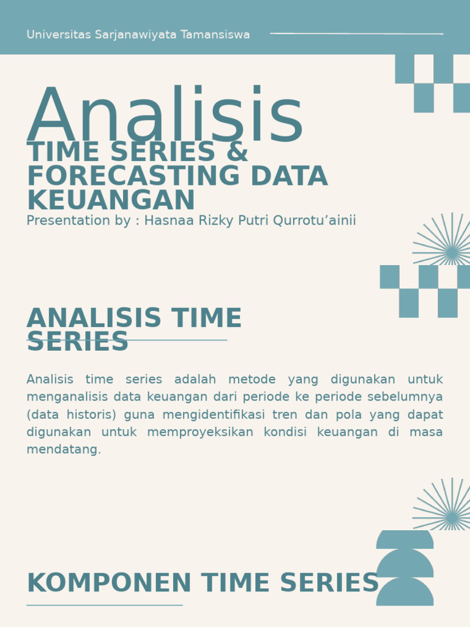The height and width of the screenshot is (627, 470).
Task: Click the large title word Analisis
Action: pyautogui.click(x=165, y=116)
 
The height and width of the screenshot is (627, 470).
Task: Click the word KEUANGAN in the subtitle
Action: pyautogui.click(x=111, y=201)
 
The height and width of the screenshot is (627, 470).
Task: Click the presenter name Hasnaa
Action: pyautogui.click(x=169, y=220)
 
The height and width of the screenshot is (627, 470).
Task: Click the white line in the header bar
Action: pyautogui.click(x=357, y=34)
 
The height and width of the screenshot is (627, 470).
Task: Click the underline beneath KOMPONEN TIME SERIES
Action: pyautogui.click(x=105, y=605)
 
